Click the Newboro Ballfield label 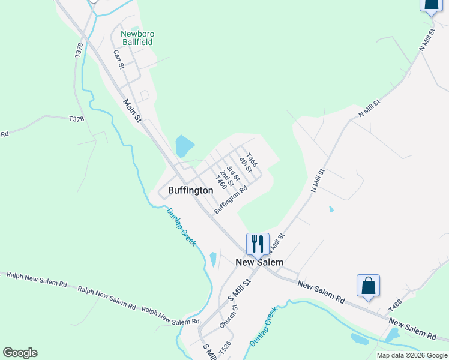[x=137, y=38]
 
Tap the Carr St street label [x=118, y=59]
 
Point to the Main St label [x=132, y=110]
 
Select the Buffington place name [x=190, y=190]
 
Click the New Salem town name [x=259, y=262]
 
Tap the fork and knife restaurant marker [x=258, y=244]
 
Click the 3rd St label [x=233, y=173]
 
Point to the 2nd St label [x=226, y=178]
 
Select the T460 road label [x=220, y=182]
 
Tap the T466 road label [x=252, y=160]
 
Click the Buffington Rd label [x=231, y=199]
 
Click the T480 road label [x=394, y=305]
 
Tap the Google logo [x=20, y=353]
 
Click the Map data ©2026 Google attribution [x=412, y=355]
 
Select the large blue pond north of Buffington [x=184, y=145]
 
